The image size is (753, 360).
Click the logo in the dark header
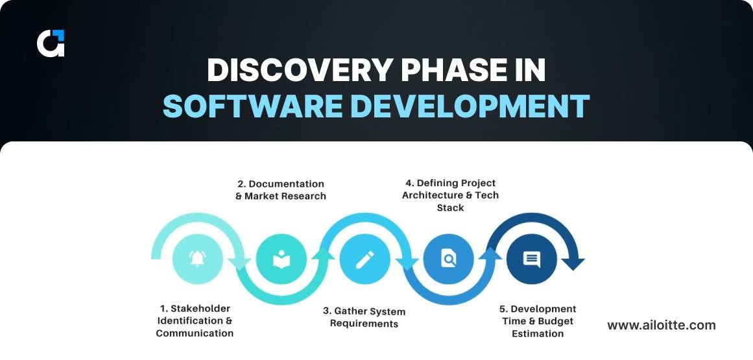pyautogui.click(x=51, y=43)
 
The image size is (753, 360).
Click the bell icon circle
pyautogui.click(x=197, y=259)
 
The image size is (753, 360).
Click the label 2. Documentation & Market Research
pyautogui.click(x=281, y=189)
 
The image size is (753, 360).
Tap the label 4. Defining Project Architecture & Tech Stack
pyautogui.click(x=450, y=195)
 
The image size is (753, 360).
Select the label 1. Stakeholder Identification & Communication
pyautogui.click(x=195, y=320)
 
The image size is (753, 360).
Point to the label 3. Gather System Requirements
pyautogui.click(x=364, y=317)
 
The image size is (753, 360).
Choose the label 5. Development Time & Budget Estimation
pyautogui.click(x=538, y=321)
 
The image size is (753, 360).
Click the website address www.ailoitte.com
pyautogui.click(x=662, y=325)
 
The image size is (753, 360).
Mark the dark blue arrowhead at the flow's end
pyautogui.click(x=573, y=263)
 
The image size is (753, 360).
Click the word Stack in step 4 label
pyautogui.click(x=450, y=208)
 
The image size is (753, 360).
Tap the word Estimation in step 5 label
pyautogui.click(x=538, y=333)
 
